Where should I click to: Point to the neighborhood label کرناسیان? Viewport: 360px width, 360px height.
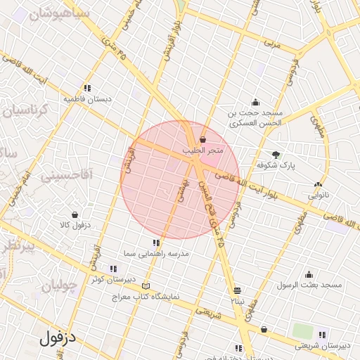click(24, 110)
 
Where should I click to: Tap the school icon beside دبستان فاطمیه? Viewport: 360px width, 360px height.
click(86, 88)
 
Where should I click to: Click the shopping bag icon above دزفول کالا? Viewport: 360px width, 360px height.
click(75, 214)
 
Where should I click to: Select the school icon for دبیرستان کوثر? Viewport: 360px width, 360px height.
click(113, 269)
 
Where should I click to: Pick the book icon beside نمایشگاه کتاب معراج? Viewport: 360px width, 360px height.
click(146, 286)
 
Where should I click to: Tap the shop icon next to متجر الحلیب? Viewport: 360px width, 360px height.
click(203, 139)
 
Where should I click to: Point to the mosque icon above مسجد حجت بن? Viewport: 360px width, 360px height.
click(255, 102)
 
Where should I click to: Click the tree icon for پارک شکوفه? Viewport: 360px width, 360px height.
click(276, 154)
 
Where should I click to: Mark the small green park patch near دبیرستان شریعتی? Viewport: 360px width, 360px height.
click(302, 330)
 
